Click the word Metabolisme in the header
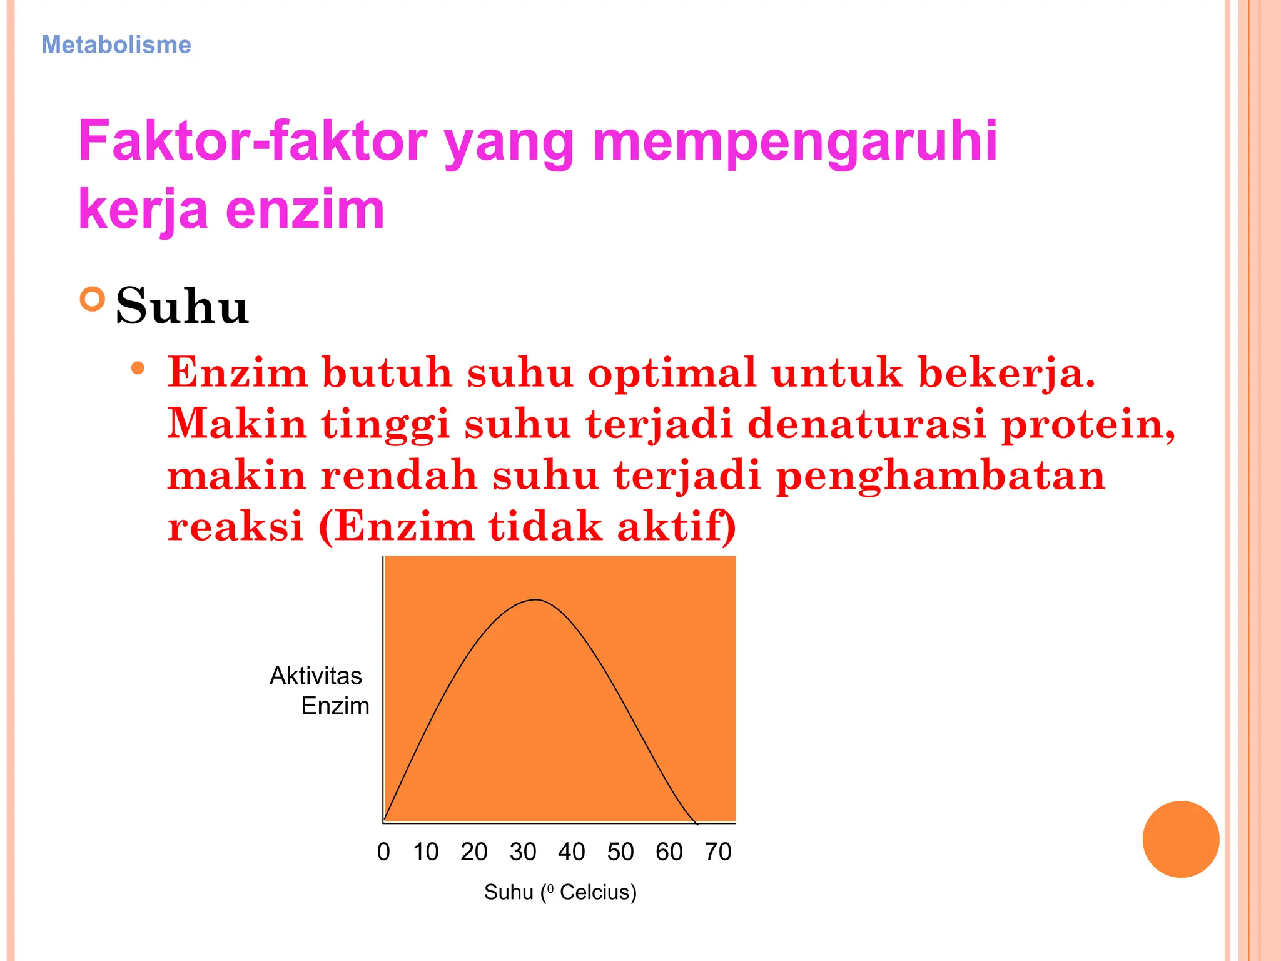click(116, 45)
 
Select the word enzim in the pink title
click(305, 210)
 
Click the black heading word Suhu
click(182, 307)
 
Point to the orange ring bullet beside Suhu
click(93, 299)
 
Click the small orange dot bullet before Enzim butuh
click(138, 369)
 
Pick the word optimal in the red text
click(672, 374)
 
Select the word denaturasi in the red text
click(867, 424)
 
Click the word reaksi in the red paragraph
click(235, 527)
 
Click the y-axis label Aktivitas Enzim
click(319, 691)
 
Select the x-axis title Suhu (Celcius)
click(560, 892)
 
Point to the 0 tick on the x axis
click(383, 852)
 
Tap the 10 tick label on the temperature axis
click(425, 852)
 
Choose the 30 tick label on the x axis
click(523, 852)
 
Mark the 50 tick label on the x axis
click(620, 852)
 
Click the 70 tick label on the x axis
click(718, 852)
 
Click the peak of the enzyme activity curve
click(536, 600)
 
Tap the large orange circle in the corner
click(1180, 839)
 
